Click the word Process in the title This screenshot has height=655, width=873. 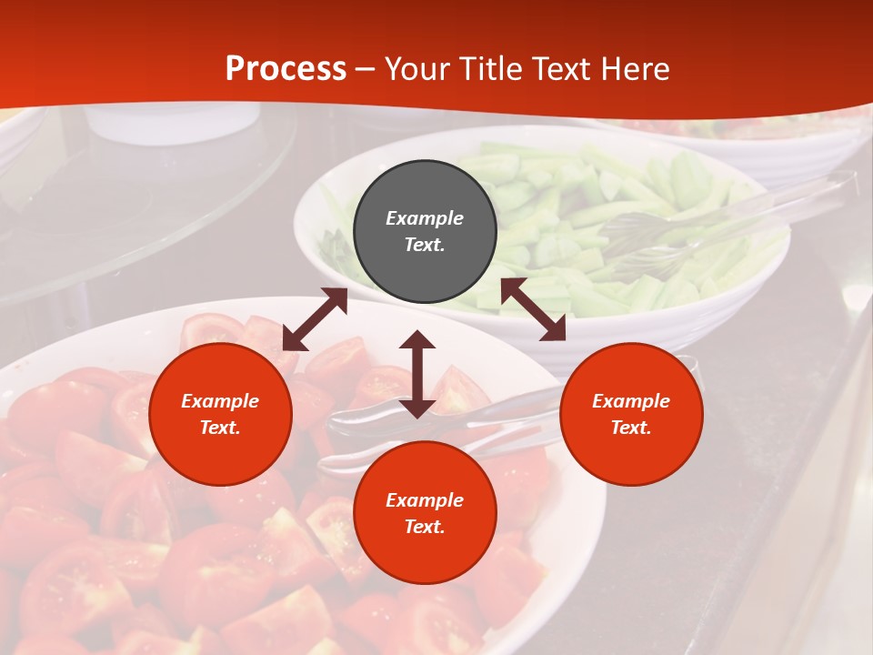(286, 69)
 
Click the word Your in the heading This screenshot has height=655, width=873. (419, 69)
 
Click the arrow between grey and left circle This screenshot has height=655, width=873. (315, 319)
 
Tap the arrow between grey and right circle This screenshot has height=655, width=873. (533, 309)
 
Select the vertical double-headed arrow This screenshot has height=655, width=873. (417, 374)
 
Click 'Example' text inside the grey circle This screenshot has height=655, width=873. (425, 218)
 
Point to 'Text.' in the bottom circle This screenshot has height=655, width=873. (425, 527)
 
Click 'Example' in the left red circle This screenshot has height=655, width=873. (220, 401)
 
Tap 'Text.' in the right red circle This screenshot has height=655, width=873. (631, 428)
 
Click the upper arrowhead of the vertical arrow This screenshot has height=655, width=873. (417, 342)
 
